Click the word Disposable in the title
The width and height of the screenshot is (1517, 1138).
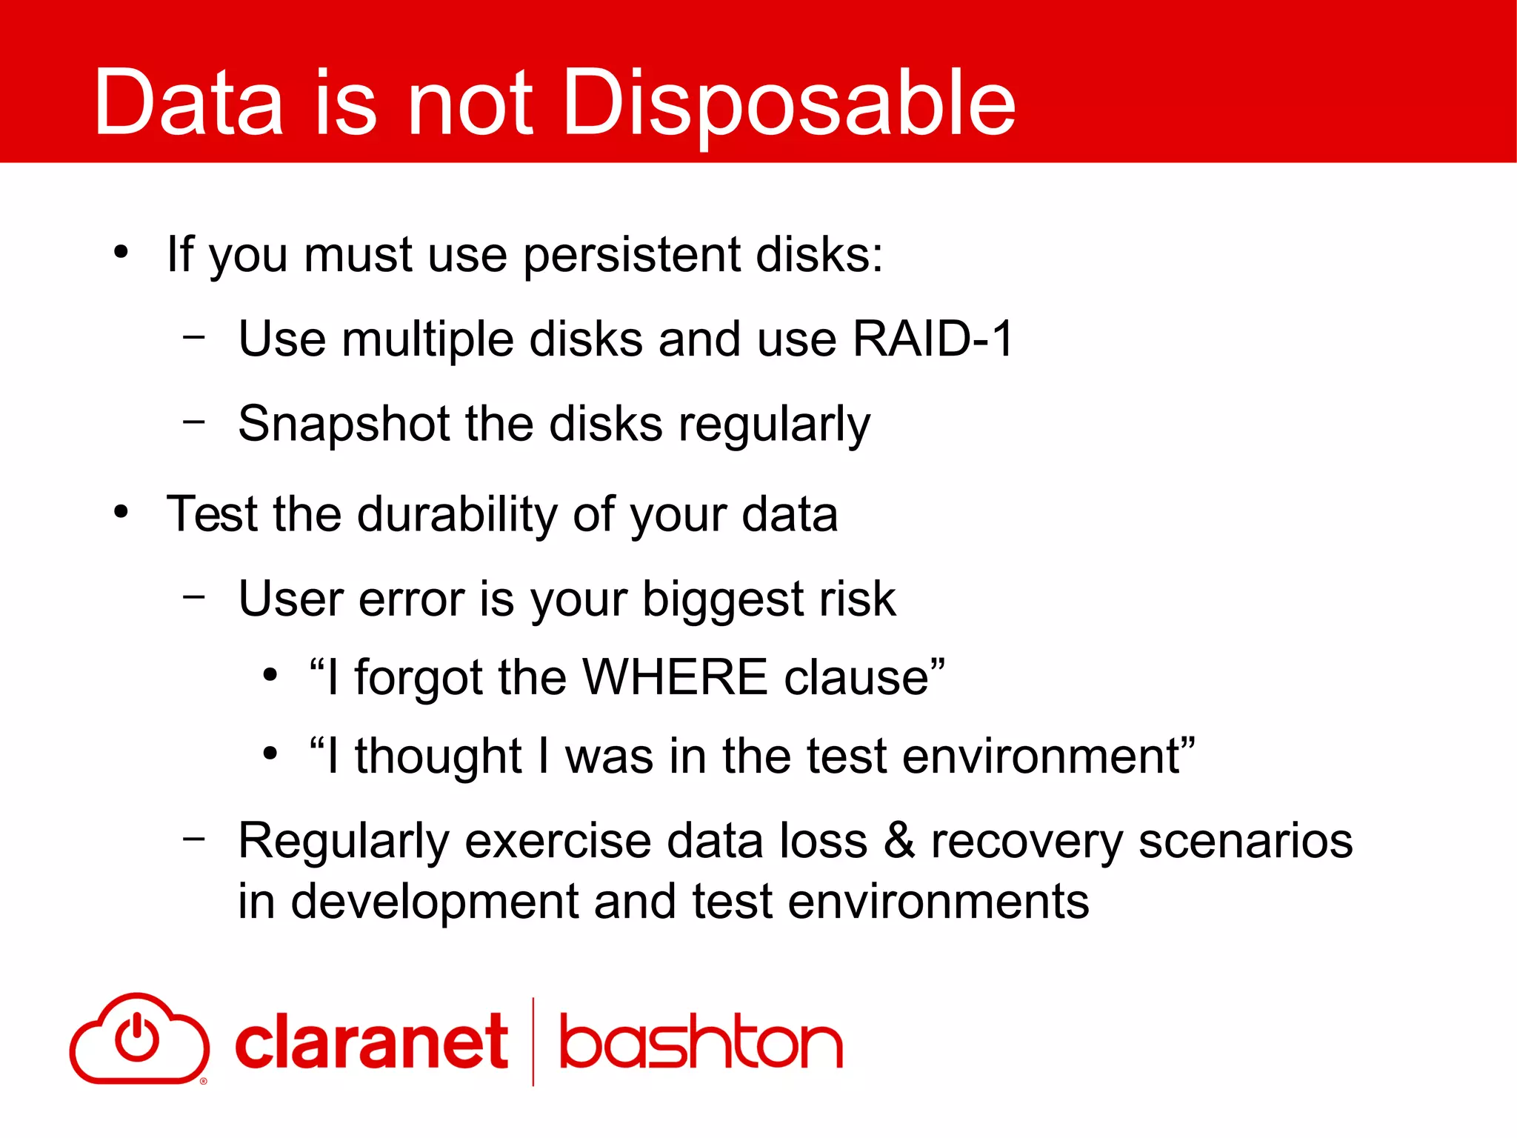(788, 104)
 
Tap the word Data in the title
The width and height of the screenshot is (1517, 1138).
(188, 104)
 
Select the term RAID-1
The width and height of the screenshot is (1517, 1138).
(933, 339)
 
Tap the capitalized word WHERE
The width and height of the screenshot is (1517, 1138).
(675, 677)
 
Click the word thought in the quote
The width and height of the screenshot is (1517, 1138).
(438, 756)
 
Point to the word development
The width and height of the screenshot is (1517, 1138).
(434, 902)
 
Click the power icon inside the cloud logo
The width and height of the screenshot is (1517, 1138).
(137, 1037)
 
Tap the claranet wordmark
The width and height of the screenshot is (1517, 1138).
(371, 1043)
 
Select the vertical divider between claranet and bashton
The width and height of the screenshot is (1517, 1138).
(533, 1042)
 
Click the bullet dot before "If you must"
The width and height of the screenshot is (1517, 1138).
(121, 252)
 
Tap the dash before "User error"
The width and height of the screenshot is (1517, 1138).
(194, 596)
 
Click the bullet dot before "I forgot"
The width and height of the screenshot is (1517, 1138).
(270, 675)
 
